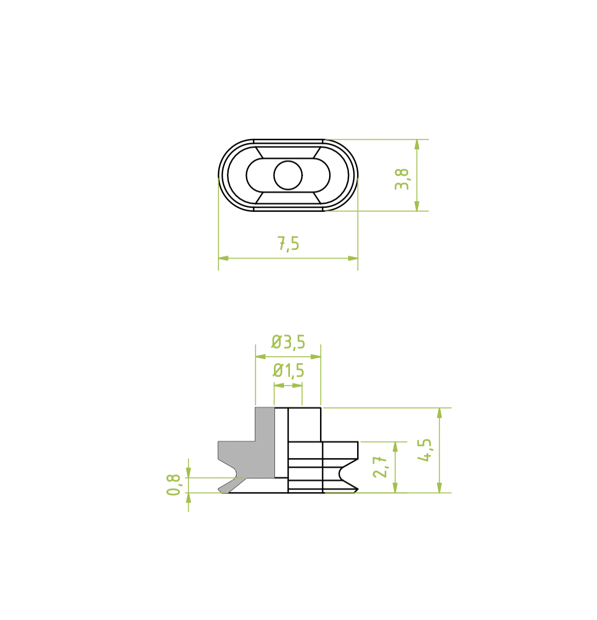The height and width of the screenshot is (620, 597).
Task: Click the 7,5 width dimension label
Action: pos(288,244)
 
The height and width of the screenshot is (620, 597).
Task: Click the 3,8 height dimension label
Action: pos(402,179)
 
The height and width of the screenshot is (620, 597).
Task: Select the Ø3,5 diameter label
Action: pos(288,342)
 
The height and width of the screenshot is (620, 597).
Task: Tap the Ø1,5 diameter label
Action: pos(288,371)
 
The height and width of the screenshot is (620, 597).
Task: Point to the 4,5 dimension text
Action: pos(424,450)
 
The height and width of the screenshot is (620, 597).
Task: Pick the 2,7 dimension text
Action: pos(380,467)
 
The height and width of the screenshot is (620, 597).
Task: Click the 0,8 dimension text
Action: pos(174,485)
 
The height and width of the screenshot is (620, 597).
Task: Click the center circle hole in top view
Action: pos(288,175)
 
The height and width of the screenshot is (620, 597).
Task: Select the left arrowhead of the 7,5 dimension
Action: pos(223,258)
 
